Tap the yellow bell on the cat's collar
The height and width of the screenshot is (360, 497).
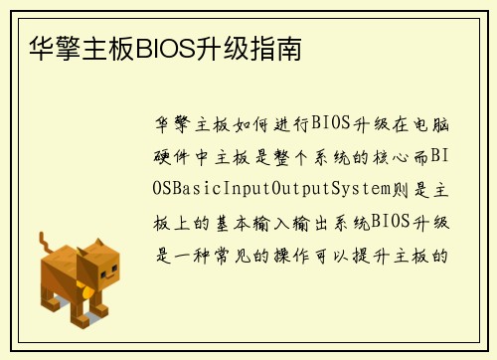(x=89, y=290)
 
